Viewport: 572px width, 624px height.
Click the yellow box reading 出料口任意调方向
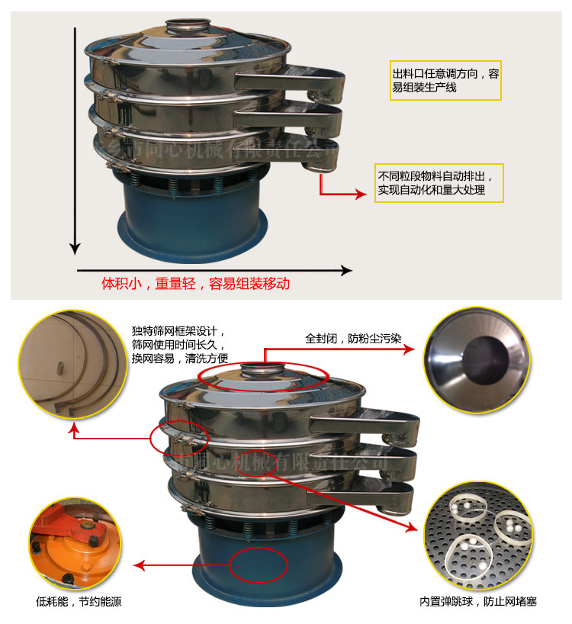pyautogui.click(x=445, y=79)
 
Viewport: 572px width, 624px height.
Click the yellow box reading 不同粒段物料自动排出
pyautogui.click(x=439, y=183)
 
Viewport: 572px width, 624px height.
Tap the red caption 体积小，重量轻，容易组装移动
pyautogui.click(x=196, y=284)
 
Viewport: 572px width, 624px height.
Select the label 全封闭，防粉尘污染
pyautogui.click(x=350, y=337)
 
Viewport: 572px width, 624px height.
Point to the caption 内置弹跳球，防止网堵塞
pyautogui.click(x=477, y=601)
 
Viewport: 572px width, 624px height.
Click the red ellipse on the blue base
pyautogui.click(x=257, y=565)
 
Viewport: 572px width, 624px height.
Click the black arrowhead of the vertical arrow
pyautogui.click(x=75, y=247)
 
